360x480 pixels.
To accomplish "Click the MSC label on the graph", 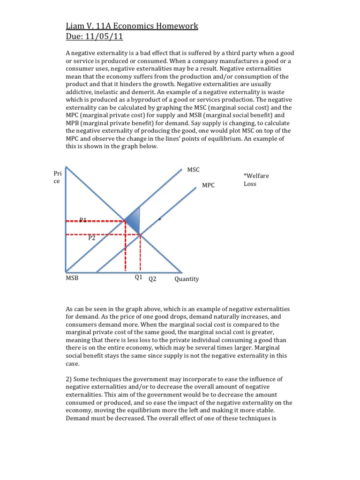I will click(x=193, y=169).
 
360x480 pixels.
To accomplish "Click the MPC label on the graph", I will click(x=208, y=186).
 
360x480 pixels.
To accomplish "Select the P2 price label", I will click(x=92, y=238).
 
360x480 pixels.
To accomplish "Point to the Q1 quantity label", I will click(x=138, y=277).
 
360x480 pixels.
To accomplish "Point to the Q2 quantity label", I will click(x=152, y=279).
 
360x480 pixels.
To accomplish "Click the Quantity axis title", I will click(x=187, y=279).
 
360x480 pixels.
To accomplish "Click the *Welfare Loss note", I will click(x=256, y=180).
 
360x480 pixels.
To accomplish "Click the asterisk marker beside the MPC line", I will click(x=160, y=219).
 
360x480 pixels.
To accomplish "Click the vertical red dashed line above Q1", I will click(x=125, y=246).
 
